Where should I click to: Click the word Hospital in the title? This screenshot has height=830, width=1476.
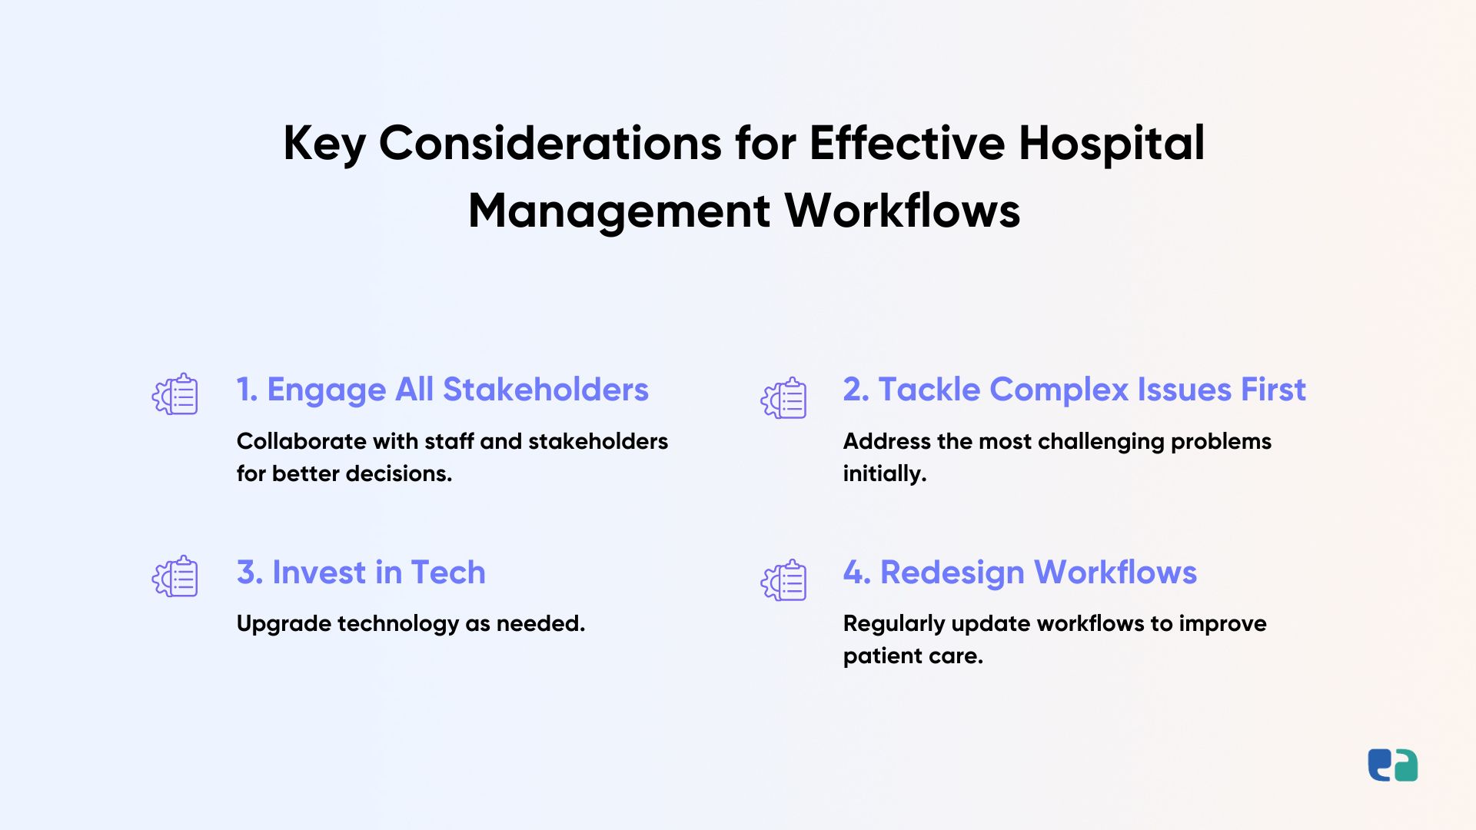point(1112,144)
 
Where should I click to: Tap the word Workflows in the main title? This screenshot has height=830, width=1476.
point(903,211)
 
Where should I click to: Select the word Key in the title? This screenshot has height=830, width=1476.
point(324,144)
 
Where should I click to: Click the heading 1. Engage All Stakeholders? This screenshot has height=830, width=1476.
point(442,390)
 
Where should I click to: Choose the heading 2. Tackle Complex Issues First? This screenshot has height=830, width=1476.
point(1074,390)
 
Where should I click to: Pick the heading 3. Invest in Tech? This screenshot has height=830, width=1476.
point(361,573)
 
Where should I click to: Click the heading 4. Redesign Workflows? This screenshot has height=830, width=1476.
point(1019,573)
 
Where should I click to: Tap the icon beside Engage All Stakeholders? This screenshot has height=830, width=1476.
point(175,394)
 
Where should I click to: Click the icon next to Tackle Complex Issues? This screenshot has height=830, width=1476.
point(784,398)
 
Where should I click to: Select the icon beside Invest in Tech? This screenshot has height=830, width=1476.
point(175,576)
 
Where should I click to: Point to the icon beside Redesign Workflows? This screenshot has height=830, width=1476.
point(784,580)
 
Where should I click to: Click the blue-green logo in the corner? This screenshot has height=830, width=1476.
point(1392,765)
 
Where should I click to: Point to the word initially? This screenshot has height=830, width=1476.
point(885,474)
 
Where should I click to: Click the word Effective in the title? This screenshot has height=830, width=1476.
point(907,144)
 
